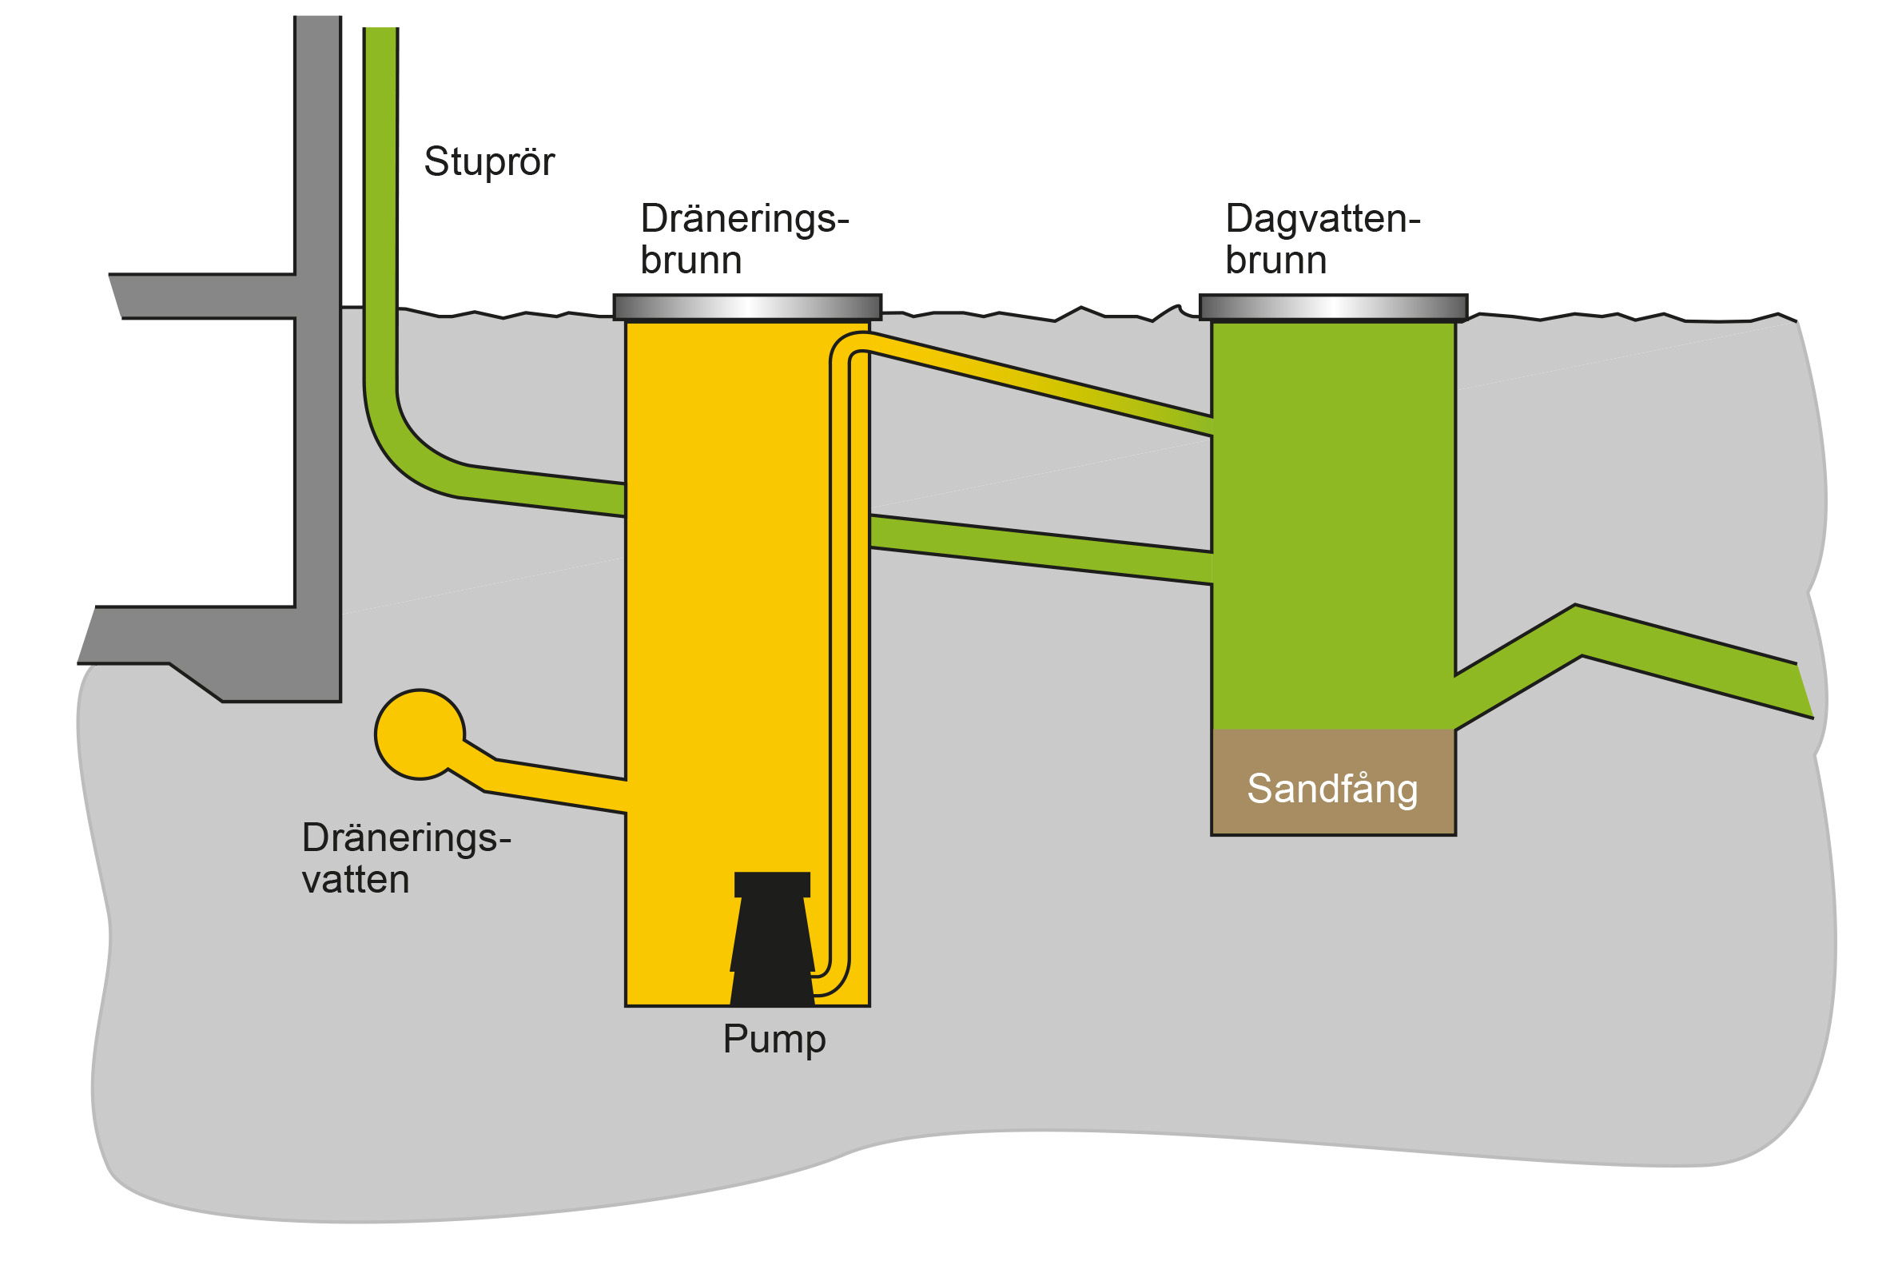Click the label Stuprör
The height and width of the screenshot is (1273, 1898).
tap(489, 161)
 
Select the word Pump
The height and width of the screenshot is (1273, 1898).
tap(774, 1039)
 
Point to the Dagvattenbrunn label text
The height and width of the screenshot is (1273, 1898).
tap(1322, 240)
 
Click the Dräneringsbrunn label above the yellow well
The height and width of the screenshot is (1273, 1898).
tap(743, 240)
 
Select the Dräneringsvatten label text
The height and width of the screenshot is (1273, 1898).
tap(406, 859)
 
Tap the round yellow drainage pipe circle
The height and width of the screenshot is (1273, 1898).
tap(419, 734)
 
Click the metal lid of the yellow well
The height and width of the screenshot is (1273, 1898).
tap(747, 308)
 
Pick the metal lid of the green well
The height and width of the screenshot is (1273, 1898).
tap(1333, 308)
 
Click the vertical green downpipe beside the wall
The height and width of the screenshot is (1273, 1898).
tap(380, 203)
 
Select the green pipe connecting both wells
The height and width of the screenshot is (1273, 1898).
tap(1039, 549)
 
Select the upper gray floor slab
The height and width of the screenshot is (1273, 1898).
tap(203, 296)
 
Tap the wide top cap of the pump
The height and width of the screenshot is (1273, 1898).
tap(772, 884)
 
